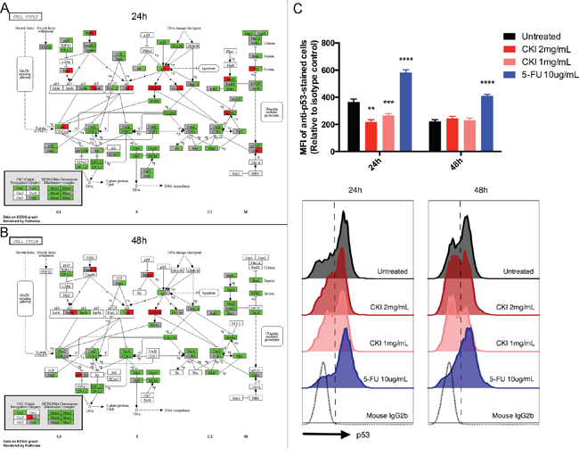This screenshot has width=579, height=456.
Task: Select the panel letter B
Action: click(6, 231)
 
